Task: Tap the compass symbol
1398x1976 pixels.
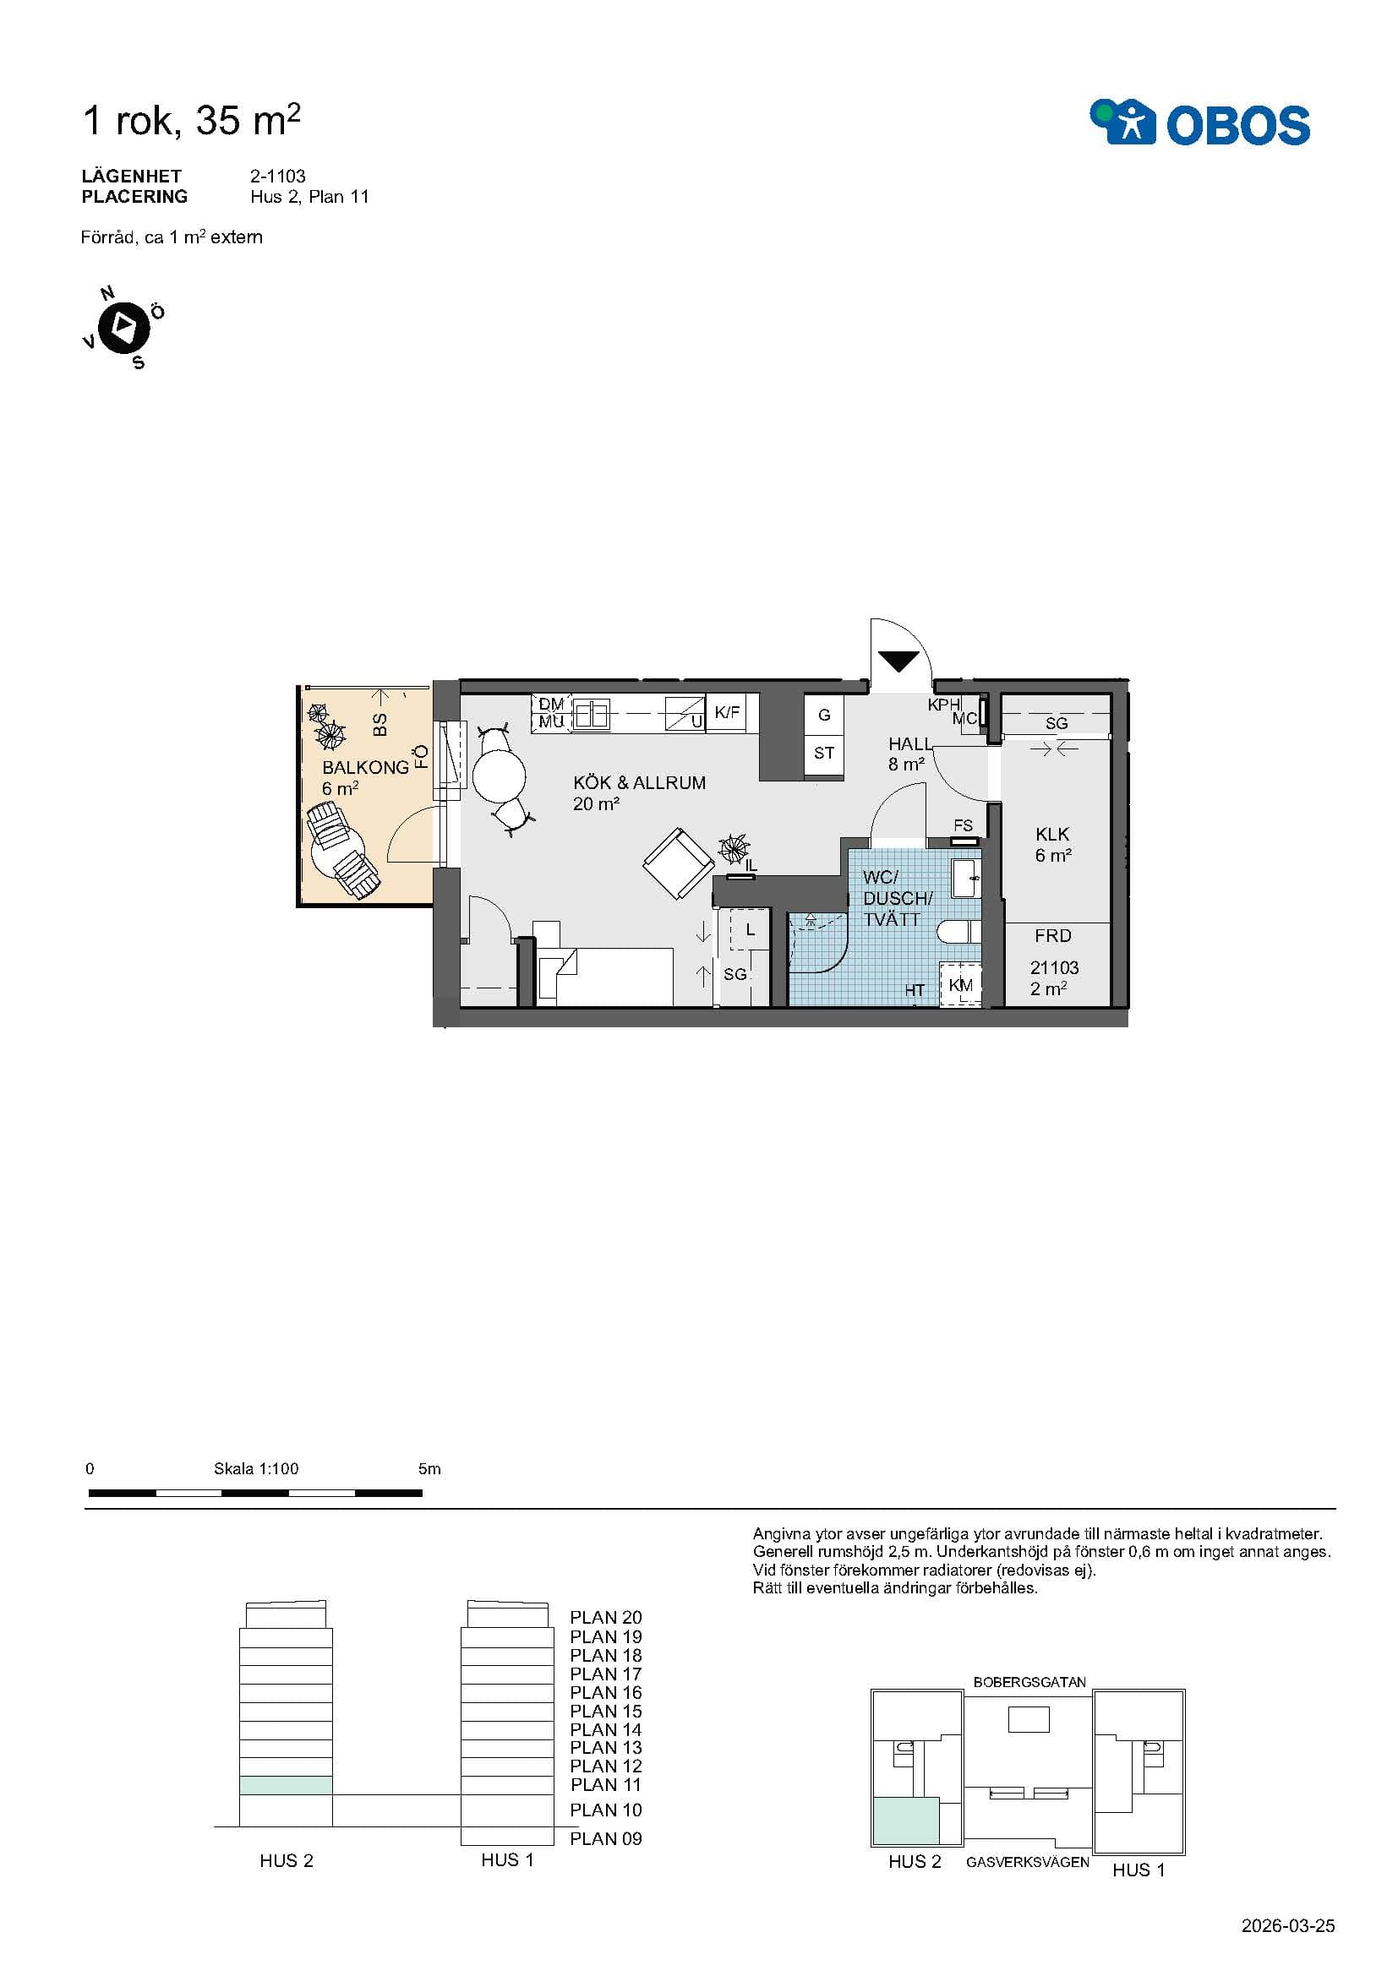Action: click(125, 327)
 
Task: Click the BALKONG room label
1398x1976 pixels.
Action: click(365, 768)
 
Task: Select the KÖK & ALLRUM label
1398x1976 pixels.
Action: click(639, 782)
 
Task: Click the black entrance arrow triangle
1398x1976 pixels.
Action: click(898, 661)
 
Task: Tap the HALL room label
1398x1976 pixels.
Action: click(910, 743)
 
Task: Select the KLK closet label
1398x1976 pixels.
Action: click(1052, 834)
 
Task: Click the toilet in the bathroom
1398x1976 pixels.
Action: click(958, 931)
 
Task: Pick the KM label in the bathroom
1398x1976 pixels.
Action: click(961, 985)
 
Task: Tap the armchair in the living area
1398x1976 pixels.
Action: click(679, 863)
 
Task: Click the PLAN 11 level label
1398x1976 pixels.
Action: click(606, 1785)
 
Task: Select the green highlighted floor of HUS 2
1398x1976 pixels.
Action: click(286, 1785)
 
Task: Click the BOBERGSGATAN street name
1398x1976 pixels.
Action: click(1029, 1682)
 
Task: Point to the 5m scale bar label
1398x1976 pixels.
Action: click(429, 1469)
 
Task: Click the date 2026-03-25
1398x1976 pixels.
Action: click(1288, 1926)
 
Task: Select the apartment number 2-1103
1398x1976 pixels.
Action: click(278, 176)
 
